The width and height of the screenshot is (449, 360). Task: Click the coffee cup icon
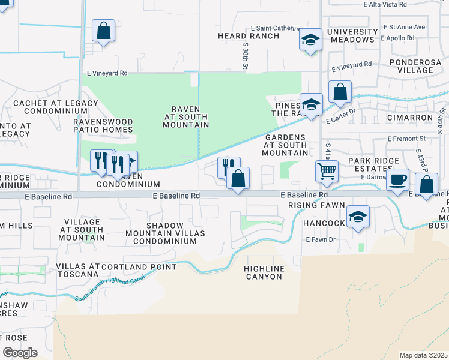coord(397,180)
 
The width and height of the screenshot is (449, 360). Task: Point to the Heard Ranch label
coord(249,36)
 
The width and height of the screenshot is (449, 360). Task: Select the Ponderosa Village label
coord(420,66)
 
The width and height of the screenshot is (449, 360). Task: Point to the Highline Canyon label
coord(264,272)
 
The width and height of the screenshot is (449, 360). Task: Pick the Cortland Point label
coord(139,266)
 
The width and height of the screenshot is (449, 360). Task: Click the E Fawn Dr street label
coord(319,240)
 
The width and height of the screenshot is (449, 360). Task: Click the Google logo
coord(19,353)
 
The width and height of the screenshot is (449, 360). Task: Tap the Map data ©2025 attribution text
coord(424,355)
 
